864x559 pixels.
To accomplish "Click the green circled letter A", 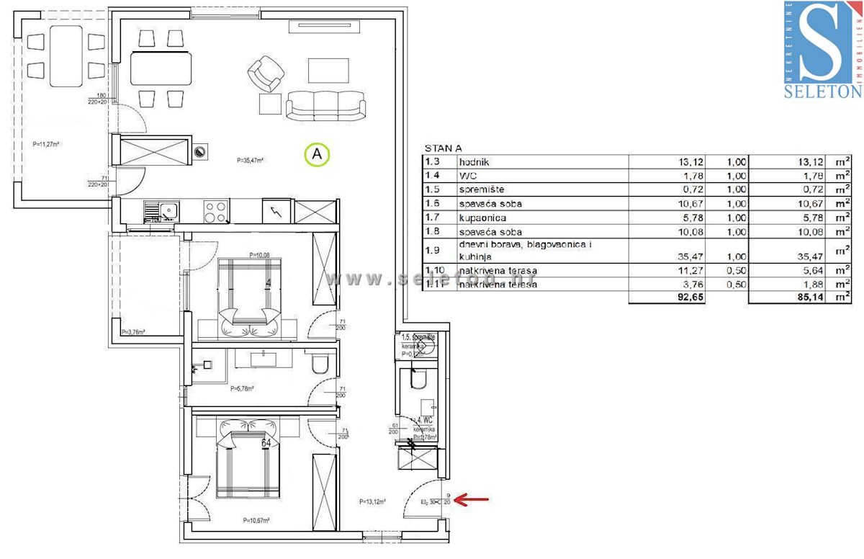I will point(317,154).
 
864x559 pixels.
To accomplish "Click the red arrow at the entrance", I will point(474,498).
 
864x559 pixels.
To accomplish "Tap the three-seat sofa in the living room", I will point(325,105).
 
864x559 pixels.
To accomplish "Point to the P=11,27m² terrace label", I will point(46,144).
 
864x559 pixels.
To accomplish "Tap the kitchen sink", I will point(162,211).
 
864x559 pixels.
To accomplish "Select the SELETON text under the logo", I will point(823,91).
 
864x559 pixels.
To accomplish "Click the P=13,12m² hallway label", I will point(373,501).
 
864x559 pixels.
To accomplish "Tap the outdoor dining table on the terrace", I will point(66,55).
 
